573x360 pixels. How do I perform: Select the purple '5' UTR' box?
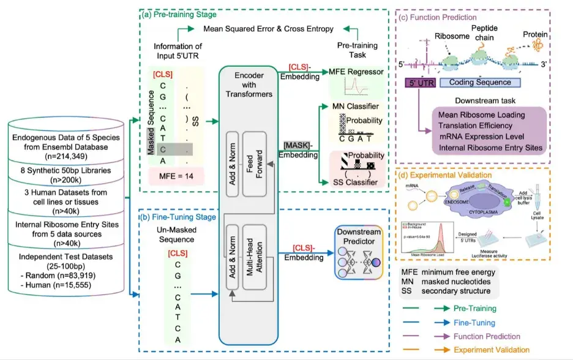(x=419, y=81)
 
